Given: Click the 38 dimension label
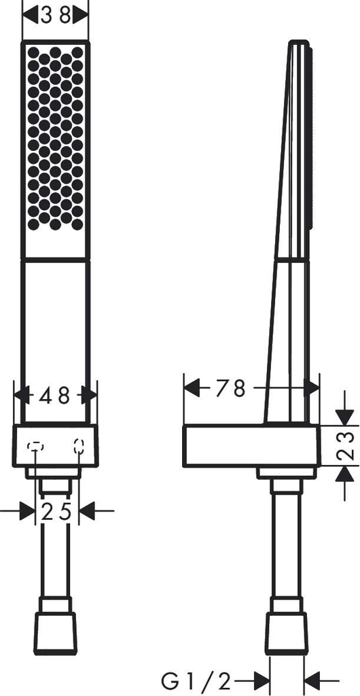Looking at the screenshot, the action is pos(56,16).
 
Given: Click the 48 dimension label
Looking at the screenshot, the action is pos(55,395).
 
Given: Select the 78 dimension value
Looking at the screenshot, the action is pos(230,389).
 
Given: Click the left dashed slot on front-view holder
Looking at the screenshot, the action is pos(35,447).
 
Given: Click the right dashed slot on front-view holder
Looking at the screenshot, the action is pos(79,446).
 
